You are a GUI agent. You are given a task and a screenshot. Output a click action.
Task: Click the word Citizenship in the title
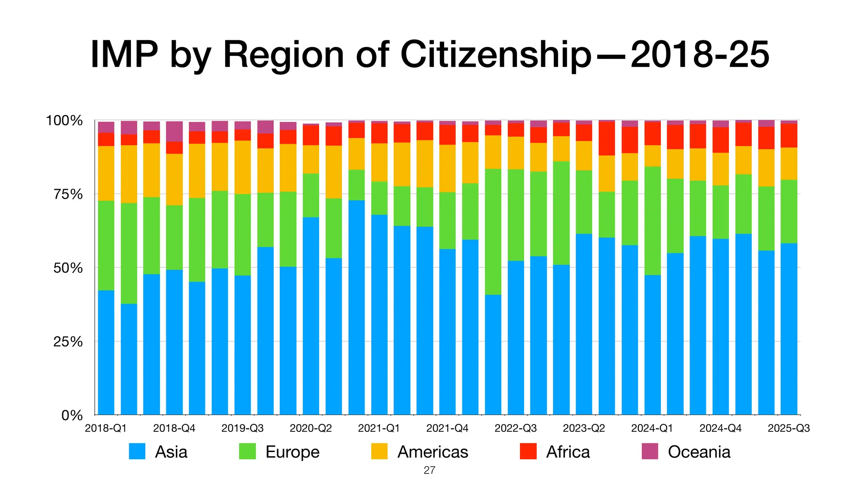(x=496, y=55)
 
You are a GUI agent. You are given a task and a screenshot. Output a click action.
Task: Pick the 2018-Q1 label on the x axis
(x=106, y=428)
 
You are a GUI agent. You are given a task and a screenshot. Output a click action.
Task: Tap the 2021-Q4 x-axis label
(x=447, y=428)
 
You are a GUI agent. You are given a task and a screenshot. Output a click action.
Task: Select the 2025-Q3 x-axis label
(x=789, y=428)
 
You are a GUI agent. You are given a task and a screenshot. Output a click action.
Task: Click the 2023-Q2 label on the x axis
(x=584, y=428)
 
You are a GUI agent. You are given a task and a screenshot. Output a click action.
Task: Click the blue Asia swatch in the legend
(x=137, y=452)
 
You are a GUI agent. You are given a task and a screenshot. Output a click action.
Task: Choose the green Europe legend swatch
(x=247, y=452)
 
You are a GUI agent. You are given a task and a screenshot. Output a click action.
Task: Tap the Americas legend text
(x=433, y=452)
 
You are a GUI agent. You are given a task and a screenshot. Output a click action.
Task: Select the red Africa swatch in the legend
(x=528, y=452)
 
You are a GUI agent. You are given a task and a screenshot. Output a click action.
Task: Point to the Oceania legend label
(x=699, y=452)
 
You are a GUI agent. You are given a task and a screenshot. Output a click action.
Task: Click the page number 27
(x=430, y=471)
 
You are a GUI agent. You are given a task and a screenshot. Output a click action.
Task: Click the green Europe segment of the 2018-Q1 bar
(x=106, y=246)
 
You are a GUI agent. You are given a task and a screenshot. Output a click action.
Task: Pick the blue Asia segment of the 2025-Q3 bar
(x=789, y=328)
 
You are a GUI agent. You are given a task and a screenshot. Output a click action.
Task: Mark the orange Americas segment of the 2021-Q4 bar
(x=447, y=168)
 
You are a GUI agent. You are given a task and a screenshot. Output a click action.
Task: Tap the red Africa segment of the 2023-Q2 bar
(x=584, y=133)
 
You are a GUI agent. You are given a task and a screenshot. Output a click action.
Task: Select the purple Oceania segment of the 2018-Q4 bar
(x=174, y=131)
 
